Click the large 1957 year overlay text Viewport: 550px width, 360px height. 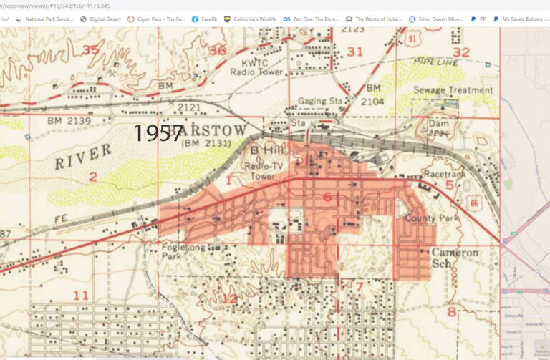pos(160,133)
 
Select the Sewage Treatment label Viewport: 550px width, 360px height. pos(453,90)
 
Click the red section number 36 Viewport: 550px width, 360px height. pos(218,50)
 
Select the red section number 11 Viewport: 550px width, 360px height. pos(81,295)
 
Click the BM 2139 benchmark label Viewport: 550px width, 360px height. pos(69,120)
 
